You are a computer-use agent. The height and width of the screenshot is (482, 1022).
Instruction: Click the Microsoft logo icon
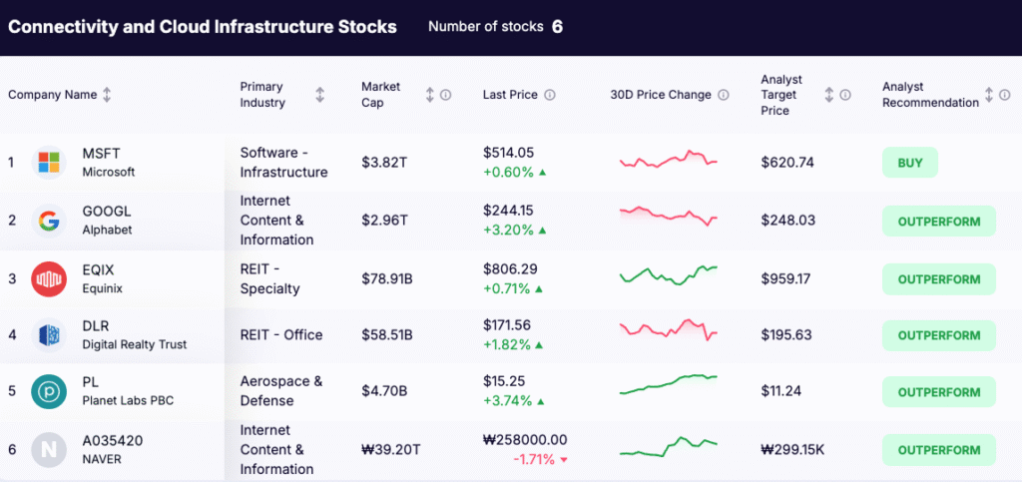coord(48,162)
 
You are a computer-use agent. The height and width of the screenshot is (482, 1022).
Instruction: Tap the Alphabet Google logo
coord(48,220)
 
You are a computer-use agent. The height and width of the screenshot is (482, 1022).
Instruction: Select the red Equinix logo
coord(48,278)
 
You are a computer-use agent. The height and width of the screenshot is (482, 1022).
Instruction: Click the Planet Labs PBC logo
coord(48,391)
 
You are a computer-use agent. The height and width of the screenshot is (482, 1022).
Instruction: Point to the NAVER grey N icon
coord(48,449)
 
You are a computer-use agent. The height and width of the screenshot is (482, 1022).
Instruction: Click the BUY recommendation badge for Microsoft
coord(909,163)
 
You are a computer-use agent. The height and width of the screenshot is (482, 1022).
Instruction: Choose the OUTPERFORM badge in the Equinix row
coord(938,279)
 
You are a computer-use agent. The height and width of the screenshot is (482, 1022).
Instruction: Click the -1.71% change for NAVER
coord(534,459)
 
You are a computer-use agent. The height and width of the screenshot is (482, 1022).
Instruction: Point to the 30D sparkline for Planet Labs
coord(668,384)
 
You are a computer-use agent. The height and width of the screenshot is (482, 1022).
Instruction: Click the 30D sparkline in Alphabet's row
coord(668,215)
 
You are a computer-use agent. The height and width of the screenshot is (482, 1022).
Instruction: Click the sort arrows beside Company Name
coord(107,95)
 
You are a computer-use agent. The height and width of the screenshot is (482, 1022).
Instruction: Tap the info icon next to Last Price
coord(550,96)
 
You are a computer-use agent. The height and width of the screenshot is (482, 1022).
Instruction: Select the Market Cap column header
coord(381,95)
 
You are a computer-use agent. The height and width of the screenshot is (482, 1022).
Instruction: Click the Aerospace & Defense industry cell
coord(281,391)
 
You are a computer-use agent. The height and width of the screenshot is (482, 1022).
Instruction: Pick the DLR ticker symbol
coord(96,326)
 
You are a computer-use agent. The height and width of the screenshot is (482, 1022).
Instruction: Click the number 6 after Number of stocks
coord(557,27)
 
